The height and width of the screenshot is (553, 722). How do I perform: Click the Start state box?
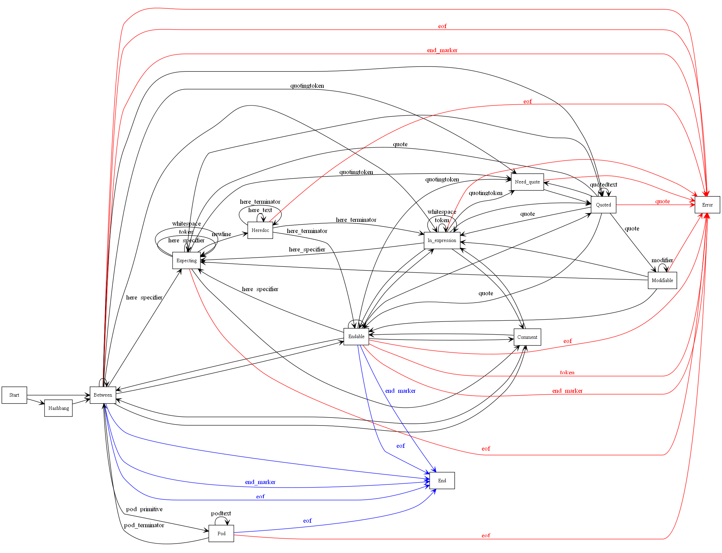click(x=14, y=395)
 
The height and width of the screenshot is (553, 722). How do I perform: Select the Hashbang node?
click(x=58, y=408)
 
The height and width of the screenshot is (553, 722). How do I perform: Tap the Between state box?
click(x=103, y=395)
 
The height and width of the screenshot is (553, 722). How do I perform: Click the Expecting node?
click(x=187, y=260)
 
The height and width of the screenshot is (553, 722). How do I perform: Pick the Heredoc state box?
click(x=260, y=230)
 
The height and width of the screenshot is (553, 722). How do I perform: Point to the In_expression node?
click(x=442, y=240)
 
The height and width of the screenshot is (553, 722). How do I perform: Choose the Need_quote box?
click(x=527, y=182)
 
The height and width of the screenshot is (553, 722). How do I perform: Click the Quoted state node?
click(x=603, y=205)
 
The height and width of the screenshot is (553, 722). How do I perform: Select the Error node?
click(x=707, y=205)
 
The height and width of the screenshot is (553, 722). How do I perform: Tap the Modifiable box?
click(x=662, y=280)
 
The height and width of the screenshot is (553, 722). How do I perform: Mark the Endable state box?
click(x=356, y=336)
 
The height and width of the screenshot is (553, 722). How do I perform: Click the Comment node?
click(x=527, y=337)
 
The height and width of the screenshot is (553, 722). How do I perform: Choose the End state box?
click(x=442, y=481)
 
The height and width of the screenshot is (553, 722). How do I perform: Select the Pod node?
click(x=221, y=533)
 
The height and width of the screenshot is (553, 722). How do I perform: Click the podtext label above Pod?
click(x=221, y=513)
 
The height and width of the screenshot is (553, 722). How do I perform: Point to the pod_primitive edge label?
click(x=144, y=509)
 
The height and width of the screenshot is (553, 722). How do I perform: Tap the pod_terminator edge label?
click(x=144, y=525)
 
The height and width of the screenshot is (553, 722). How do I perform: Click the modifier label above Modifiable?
click(x=662, y=260)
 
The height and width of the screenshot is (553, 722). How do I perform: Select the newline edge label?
click(x=221, y=234)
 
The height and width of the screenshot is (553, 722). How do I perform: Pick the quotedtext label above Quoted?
click(x=603, y=185)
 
